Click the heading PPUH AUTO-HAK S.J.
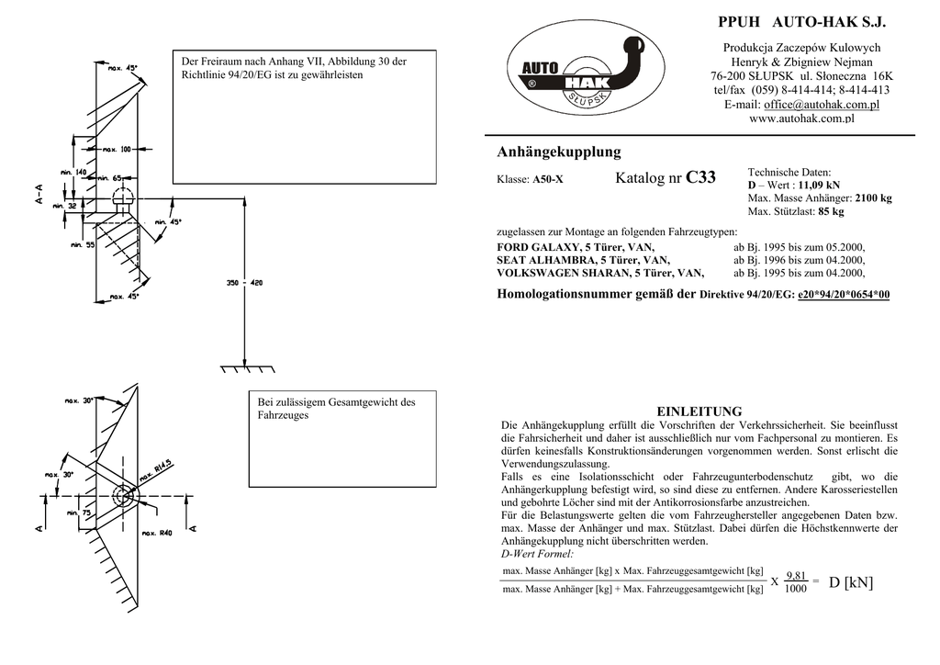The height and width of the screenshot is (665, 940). coord(800,21)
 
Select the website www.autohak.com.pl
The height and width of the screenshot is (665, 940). coord(802,118)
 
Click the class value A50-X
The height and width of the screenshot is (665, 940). coord(547,180)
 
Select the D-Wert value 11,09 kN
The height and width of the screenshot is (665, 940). coord(819,185)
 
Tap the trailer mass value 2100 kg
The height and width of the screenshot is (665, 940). coord(873,197)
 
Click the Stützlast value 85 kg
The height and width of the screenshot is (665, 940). coord(830,211)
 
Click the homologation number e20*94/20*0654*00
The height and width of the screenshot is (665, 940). coord(844,295)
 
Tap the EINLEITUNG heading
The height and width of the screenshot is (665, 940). coord(699,411)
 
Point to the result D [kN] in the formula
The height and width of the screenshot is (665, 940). coord(851,582)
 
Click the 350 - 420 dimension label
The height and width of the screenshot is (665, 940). coord(243,283)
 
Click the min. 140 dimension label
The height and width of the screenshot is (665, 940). coord(73,172)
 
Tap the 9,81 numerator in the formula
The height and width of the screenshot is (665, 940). coord(796,575)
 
